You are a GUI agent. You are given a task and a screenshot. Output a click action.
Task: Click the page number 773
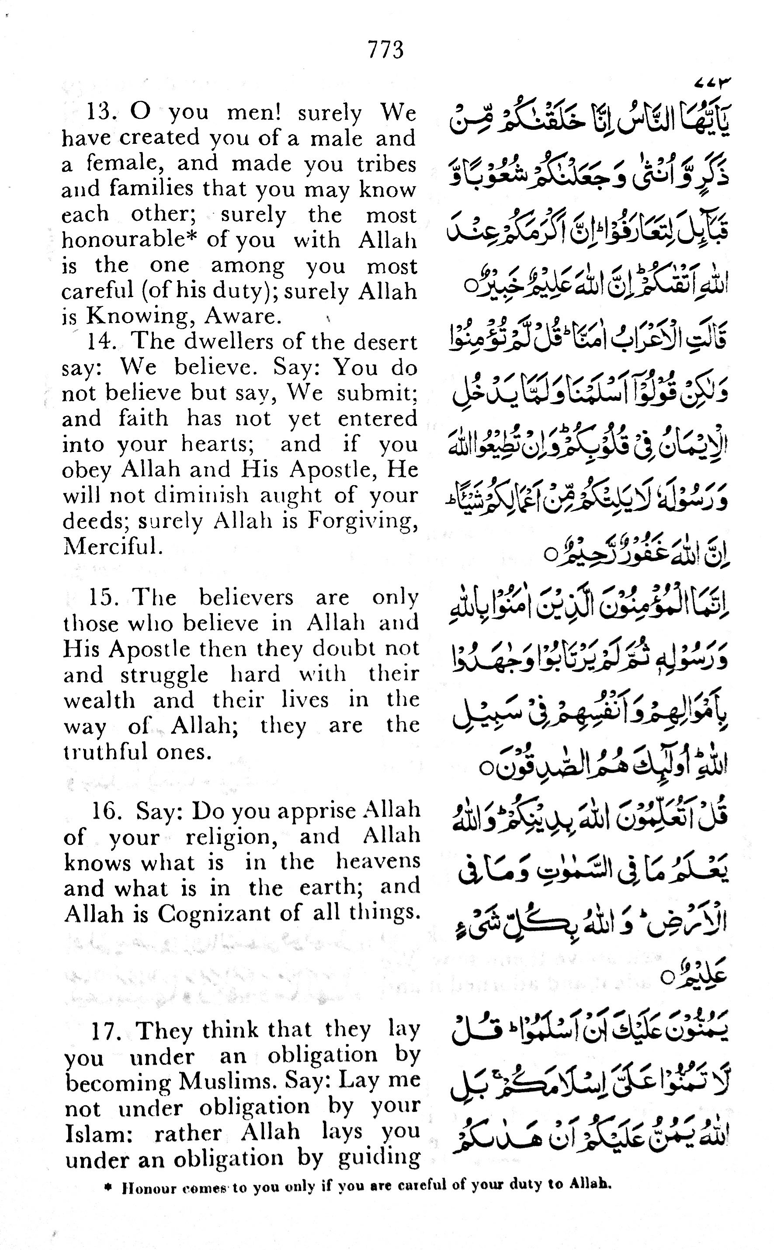[x=385, y=50]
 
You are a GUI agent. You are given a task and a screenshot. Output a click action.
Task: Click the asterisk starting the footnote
[x=108, y=1184]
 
